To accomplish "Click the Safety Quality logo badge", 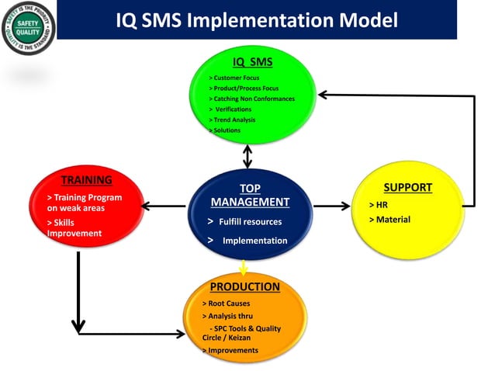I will click(x=29, y=29).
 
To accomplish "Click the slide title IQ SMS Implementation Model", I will click(x=256, y=20).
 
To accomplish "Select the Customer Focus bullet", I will click(x=234, y=78).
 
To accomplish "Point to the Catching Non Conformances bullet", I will click(x=252, y=99).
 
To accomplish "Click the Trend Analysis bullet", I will click(x=232, y=120).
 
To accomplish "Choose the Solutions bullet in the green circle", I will click(x=225, y=130).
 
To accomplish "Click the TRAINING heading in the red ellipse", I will click(x=87, y=180).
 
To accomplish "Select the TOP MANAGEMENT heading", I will click(x=250, y=195).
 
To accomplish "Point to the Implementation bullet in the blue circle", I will click(x=248, y=241).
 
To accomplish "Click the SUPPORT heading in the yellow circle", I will click(x=407, y=188).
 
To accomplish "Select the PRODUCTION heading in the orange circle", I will click(x=244, y=286).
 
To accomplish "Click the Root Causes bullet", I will click(x=226, y=303).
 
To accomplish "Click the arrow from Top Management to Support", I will click(x=331, y=206).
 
